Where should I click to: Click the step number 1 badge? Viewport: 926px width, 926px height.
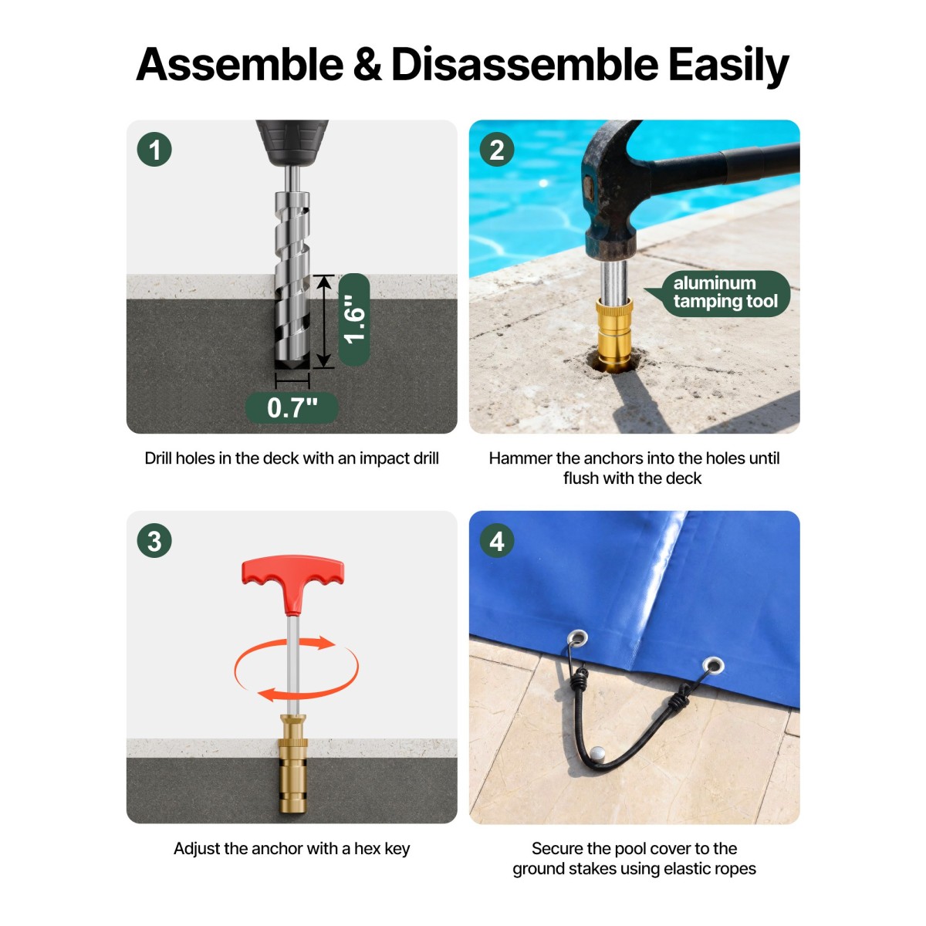(154, 150)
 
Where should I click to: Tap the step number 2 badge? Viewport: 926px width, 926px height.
(497, 150)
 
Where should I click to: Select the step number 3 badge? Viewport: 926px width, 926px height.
(154, 541)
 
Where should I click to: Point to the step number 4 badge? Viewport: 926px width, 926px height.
(497, 541)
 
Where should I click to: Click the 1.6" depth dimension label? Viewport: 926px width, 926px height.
(354, 319)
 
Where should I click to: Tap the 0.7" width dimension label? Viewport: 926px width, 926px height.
(292, 407)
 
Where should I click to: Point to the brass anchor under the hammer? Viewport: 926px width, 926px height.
(614, 334)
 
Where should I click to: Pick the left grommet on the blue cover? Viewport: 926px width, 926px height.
(577, 639)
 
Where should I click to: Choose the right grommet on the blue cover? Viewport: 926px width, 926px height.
(713, 665)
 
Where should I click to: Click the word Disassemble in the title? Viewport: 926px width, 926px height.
(525, 64)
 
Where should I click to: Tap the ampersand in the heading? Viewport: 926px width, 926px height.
(367, 65)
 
